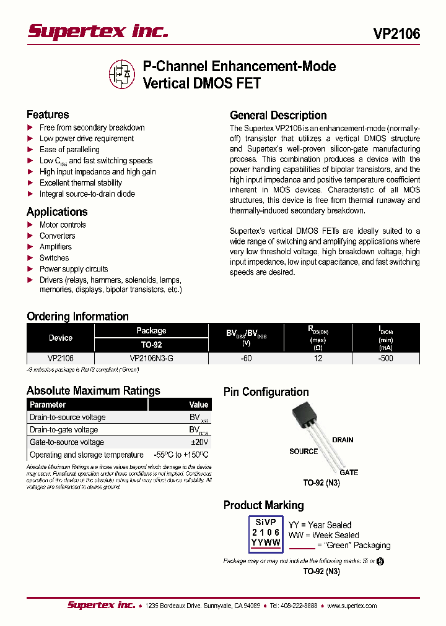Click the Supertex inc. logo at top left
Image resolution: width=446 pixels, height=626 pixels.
pos(97,32)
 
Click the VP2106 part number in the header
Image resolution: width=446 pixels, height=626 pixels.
pos(396,34)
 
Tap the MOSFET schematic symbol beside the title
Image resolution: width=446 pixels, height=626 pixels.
pos(122,74)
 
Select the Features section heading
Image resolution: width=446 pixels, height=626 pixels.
pos(48,114)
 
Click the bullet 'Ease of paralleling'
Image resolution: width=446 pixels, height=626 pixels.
pos(69,150)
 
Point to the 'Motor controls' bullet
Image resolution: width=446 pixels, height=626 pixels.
pos(63,225)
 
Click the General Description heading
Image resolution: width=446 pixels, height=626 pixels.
pos(278,115)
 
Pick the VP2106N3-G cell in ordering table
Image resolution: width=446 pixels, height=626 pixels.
pos(151,358)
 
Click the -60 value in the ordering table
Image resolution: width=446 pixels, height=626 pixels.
pos(247,358)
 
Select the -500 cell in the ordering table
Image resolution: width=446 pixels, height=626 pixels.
pos(385,358)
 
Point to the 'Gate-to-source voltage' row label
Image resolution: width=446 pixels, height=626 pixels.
pos(67,442)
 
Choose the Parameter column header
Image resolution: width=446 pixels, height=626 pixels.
pos(48,405)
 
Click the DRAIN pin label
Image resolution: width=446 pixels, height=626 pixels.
pos(343,440)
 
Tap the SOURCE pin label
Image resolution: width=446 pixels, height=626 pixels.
pos(304,452)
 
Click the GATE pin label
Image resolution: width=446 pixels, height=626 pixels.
pos(349,473)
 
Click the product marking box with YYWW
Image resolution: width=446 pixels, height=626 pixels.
pos(265,533)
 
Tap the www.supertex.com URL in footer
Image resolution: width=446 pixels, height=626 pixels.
pos(352,606)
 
